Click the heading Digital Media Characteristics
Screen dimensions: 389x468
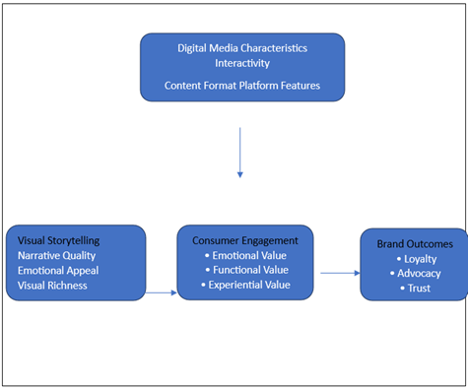241,47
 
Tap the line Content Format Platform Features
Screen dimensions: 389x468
241,85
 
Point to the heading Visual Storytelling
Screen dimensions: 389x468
58,239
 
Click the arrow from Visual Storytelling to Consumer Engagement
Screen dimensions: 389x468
162,292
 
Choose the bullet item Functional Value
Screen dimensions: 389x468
244,270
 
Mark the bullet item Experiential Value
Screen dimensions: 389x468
246,286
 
